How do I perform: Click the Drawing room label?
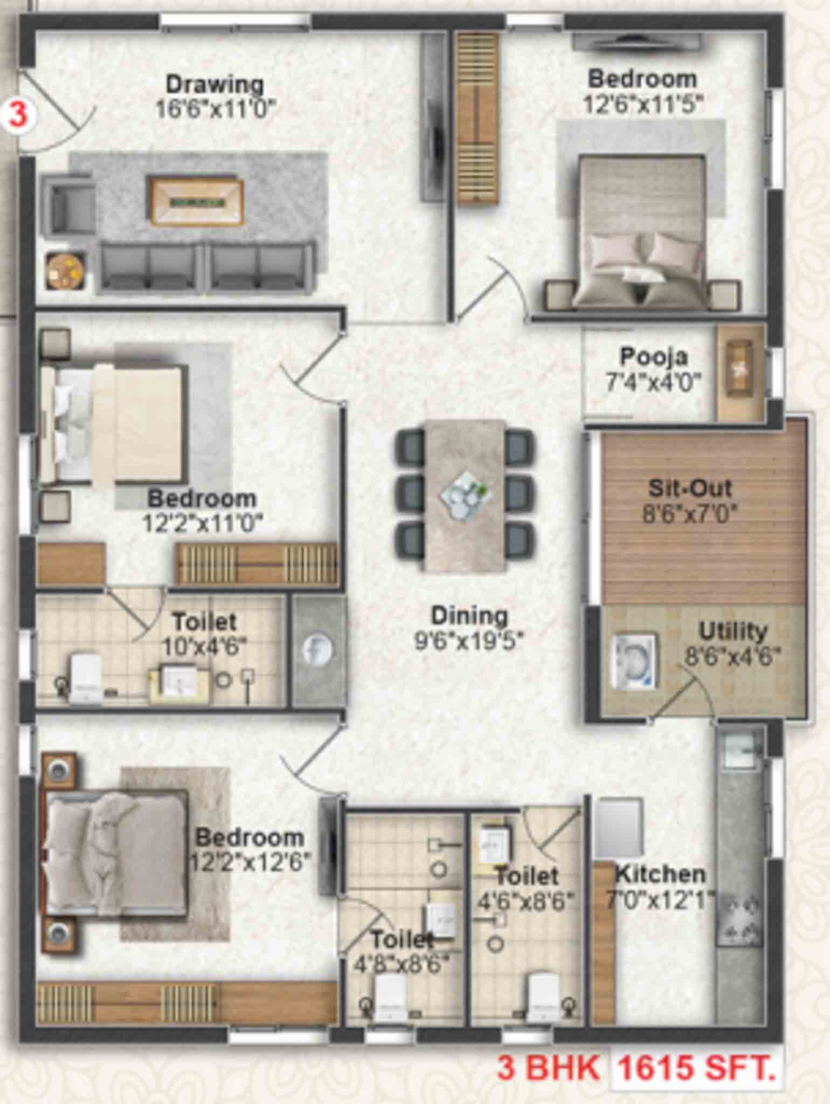click(215, 85)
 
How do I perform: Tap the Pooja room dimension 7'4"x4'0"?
click(653, 383)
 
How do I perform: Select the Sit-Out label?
click(689, 488)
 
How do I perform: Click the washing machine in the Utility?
click(637, 663)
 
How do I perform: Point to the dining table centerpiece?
click(462, 491)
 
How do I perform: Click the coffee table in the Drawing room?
click(197, 202)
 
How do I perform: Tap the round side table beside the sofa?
click(65, 271)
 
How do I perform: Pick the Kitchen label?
click(660, 874)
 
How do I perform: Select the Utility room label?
click(733, 631)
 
